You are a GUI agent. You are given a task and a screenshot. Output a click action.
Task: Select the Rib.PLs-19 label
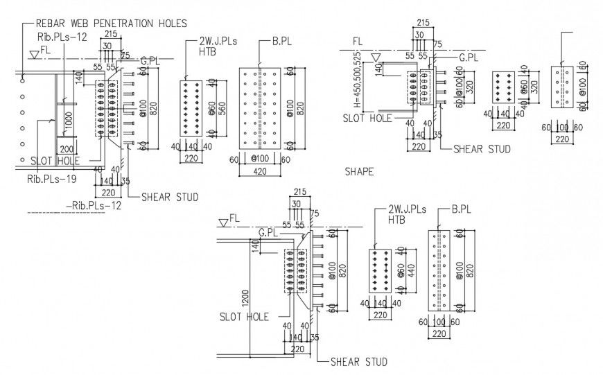[50, 178]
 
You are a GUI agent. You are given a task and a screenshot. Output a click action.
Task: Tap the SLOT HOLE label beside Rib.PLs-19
[54, 160]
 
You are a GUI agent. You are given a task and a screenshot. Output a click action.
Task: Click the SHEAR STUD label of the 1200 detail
[358, 362]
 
